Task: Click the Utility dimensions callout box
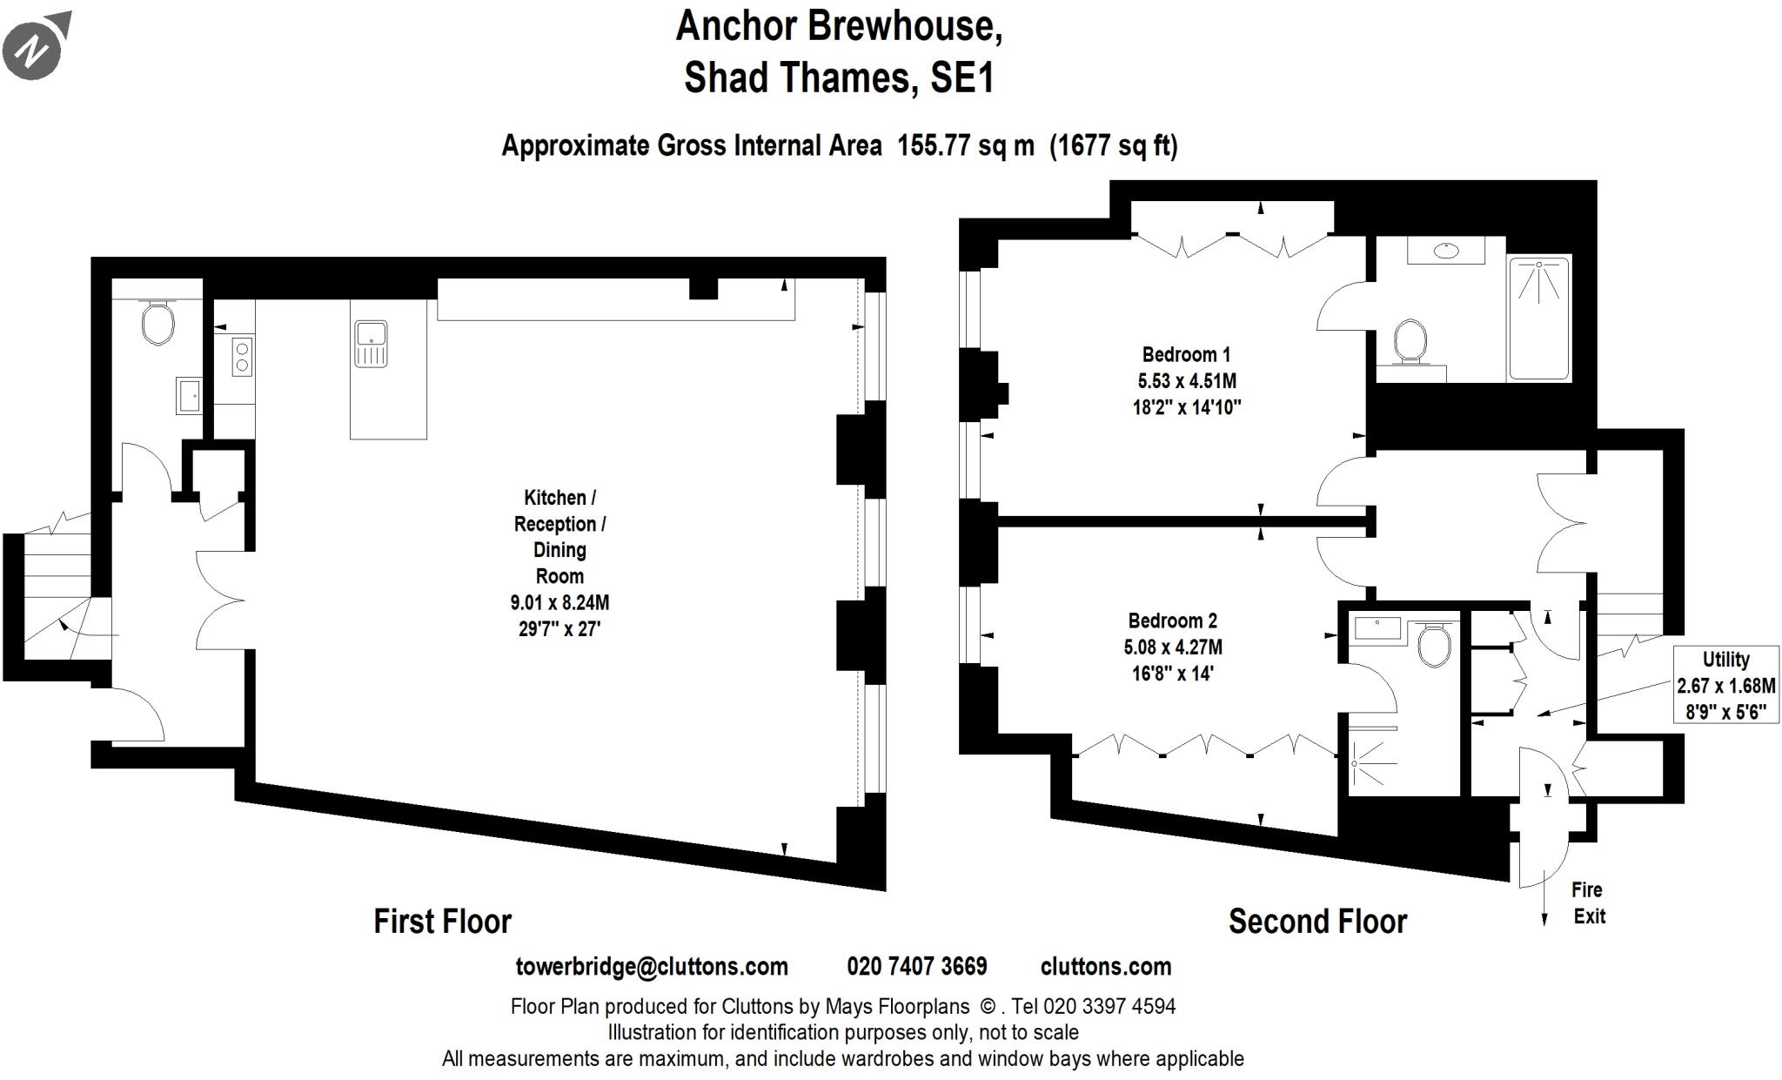[1725, 685]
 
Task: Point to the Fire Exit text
[1588, 902]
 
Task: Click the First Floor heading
[442, 921]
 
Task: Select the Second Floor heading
[1316, 921]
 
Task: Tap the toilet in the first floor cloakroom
[157, 323]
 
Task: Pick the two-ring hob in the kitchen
[242, 357]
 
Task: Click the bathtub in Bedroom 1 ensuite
[1539, 318]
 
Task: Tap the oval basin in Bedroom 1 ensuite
[1446, 251]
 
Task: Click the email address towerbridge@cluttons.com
[652, 967]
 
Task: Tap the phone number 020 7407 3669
[916, 967]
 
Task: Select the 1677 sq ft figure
[1113, 145]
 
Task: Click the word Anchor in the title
[736, 26]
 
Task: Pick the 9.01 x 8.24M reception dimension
[559, 602]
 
